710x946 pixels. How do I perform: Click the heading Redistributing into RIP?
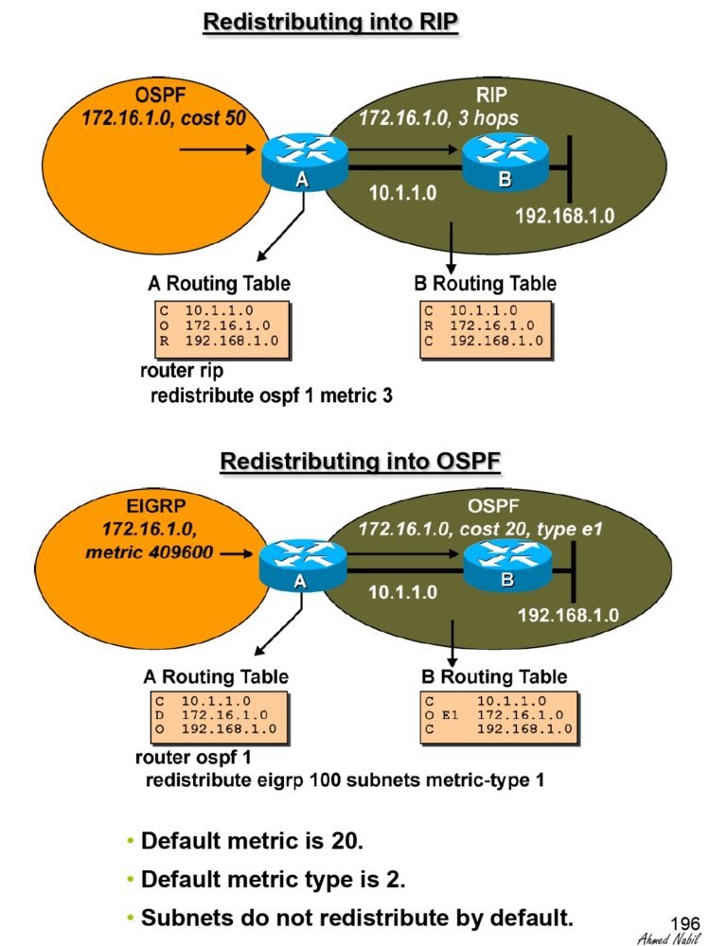tap(330, 23)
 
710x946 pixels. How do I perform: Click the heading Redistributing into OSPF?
tap(361, 462)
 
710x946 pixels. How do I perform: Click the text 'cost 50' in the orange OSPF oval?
tap(214, 117)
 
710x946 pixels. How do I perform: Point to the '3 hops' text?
tap(488, 118)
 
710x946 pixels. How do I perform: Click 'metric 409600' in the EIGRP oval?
tap(150, 552)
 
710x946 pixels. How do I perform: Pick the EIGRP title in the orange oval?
tap(156, 505)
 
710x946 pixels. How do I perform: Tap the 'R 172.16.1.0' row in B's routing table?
tap(479, 325)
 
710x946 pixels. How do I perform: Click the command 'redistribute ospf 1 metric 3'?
tap(271, 395)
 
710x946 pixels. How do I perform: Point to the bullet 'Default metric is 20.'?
tap(252, 840)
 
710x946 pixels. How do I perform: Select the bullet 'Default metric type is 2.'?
tap(273, 879)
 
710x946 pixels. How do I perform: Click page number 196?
tap(684, 923)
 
